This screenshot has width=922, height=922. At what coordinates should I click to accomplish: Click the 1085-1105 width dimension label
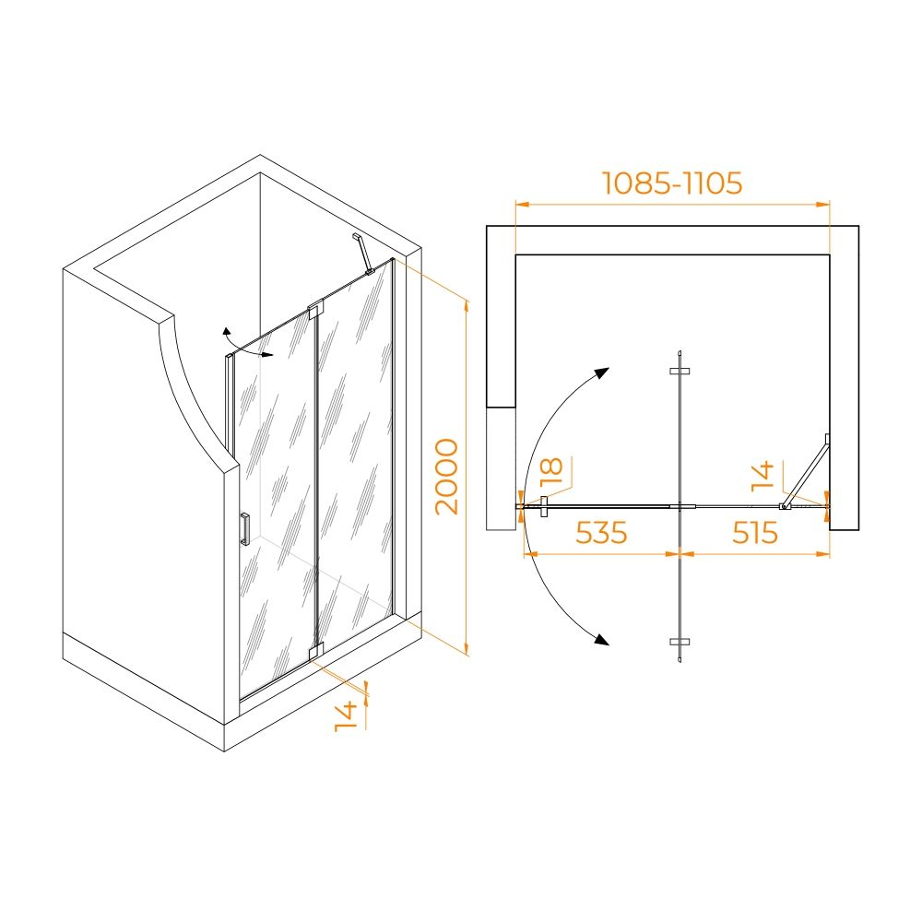click(672, 183)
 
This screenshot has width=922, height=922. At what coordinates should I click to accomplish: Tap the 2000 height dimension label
click(447, 477)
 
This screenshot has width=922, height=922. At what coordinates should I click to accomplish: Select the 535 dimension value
click(601, 533)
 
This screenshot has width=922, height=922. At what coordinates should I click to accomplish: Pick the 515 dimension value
click(755, 533)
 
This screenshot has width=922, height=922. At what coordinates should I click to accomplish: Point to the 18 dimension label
click(551, 471)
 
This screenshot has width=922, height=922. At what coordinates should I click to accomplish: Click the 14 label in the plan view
click(762, 477)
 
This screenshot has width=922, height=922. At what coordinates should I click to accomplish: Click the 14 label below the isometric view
click(346, 716)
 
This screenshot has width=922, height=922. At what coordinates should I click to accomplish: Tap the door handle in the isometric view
click(244, 528)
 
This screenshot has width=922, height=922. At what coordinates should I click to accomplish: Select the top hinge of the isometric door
click(315, 309)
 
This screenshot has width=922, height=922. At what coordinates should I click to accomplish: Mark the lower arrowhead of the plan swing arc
click(601, 639)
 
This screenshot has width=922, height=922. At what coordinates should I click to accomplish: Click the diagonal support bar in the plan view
click(806, 470)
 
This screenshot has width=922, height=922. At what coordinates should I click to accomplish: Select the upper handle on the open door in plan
click(680, 371)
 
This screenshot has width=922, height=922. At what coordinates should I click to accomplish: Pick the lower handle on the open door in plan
click(680, 642)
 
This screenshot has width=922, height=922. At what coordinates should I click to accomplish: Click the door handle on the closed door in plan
click(544, 506)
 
